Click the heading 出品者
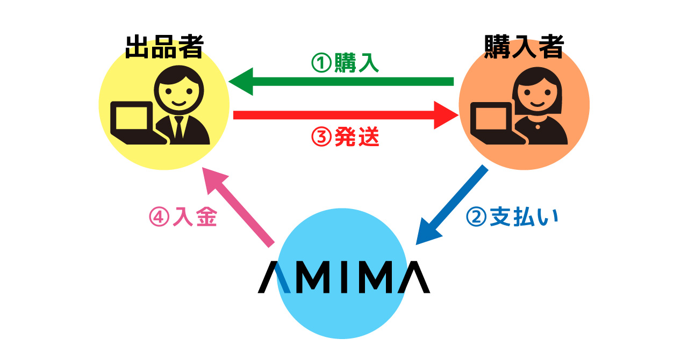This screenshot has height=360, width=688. (164, 47)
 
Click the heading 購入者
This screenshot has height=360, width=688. (524, 47)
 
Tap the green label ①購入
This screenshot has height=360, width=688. (346, 63)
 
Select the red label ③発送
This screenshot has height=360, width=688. (346, 138)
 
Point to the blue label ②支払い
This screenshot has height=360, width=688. (512, 218)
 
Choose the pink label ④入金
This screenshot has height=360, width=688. (183, 218)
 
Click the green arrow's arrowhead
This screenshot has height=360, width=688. (240, 82)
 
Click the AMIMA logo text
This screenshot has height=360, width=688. (344, 277)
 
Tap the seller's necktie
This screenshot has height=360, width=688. (178, 127)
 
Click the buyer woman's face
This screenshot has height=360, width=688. (538, 95)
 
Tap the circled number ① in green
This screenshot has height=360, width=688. (321, 63)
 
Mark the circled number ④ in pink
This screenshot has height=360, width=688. (159, 218)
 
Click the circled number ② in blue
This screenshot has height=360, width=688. (476, 218)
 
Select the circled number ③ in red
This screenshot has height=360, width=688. (321, 138)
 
